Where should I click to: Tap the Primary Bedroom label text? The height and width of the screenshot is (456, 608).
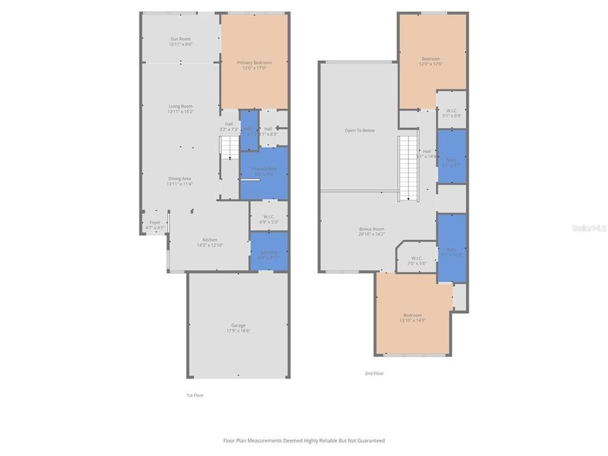254,63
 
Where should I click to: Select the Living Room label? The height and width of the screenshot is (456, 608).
180,106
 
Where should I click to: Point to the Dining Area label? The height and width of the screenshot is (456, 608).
180,179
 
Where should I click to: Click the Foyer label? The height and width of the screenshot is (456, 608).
155,222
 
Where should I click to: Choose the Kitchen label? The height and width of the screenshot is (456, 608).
210,240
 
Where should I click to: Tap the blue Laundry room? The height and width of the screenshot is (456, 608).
269,251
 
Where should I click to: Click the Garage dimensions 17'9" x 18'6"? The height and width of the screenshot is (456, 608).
238,331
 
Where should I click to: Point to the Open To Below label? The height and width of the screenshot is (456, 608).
359,130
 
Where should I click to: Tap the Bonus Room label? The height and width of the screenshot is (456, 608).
371,229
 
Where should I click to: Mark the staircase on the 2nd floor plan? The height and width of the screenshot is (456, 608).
408,168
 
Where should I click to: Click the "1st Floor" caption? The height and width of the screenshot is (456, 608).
194,395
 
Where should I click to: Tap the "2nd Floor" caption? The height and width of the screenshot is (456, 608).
374,374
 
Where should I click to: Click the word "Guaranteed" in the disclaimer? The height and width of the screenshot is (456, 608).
370,440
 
